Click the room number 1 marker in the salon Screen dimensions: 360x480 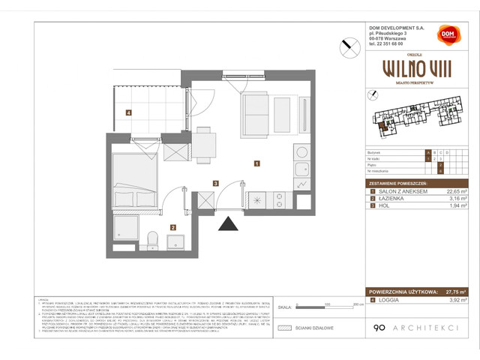click(256, 163)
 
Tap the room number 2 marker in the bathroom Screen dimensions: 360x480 click(172, 227)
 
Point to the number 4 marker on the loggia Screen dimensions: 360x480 click(129, 113)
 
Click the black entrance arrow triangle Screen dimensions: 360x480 click(226, 223)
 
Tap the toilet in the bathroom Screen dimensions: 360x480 click(151, 239)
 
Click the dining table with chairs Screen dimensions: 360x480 click(204, 143)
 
